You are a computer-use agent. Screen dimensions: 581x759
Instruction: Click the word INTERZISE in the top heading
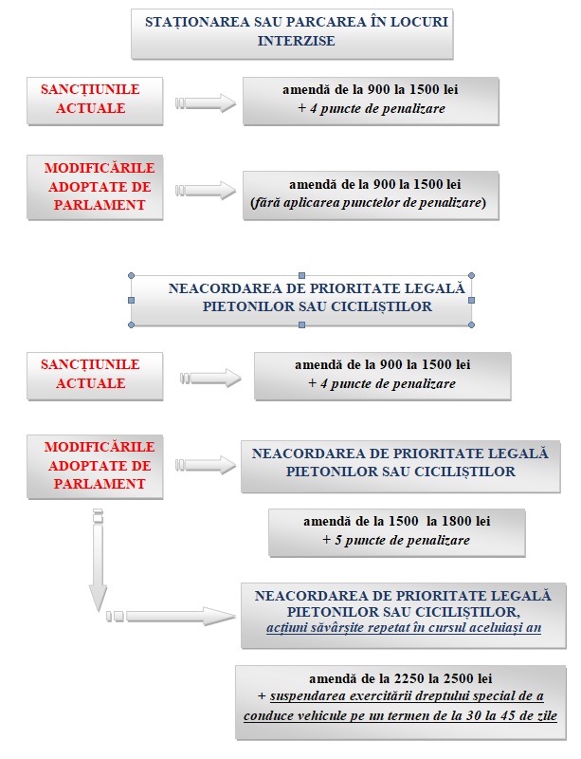(296, 41)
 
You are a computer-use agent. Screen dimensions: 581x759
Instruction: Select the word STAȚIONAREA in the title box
(197, 22)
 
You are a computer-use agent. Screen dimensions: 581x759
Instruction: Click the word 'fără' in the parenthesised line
(266, 202)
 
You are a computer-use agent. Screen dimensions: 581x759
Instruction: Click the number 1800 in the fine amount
(457, 521)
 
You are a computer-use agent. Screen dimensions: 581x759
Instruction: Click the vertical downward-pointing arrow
(98, 560)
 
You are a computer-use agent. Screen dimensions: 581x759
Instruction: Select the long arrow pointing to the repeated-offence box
(171, 616)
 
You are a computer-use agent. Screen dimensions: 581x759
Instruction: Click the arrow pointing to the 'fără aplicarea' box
(206, 191)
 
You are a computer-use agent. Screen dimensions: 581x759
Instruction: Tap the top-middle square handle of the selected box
(301, 275)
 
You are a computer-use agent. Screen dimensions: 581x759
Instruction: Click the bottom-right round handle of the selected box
(472, 324)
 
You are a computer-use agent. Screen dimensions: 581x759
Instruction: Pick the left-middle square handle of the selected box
(131, 300)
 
